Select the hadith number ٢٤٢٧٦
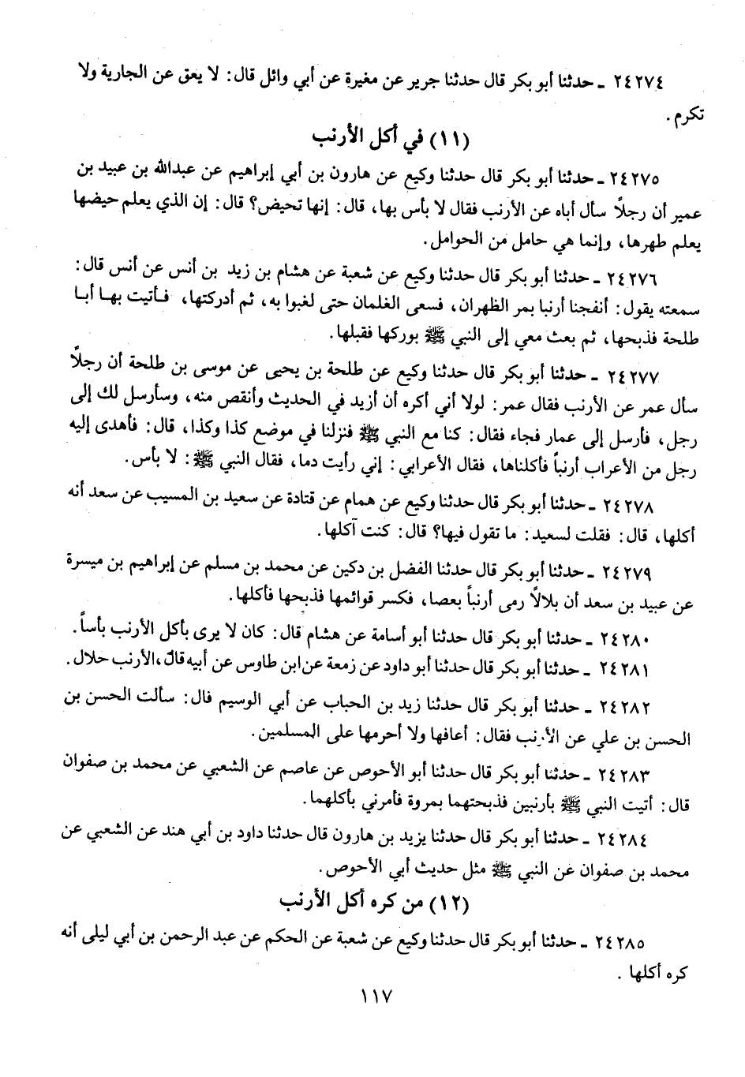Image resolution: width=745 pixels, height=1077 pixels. [x=637, y=279]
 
